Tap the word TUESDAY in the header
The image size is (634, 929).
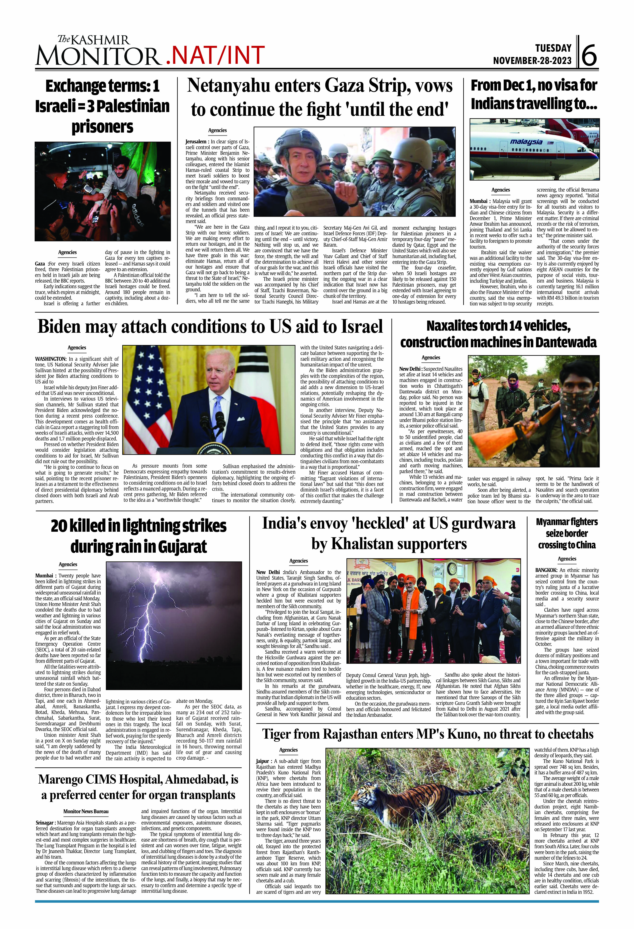pos(553,48)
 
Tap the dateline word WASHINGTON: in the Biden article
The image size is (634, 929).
pos(51,359)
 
